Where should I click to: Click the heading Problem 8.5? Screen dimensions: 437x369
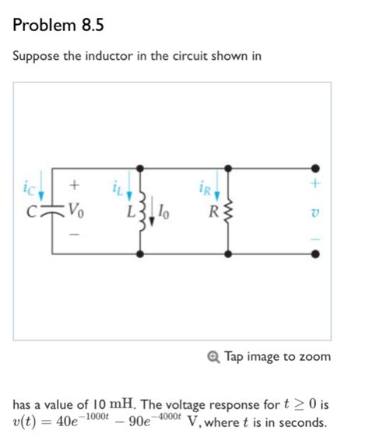coord(58,25)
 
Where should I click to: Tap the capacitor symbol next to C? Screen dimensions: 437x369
coord(54,210)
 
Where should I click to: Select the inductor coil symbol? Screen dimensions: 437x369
coord(141,209)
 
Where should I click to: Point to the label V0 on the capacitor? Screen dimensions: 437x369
coord(76,208)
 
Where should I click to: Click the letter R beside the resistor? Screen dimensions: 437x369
coord(209,209)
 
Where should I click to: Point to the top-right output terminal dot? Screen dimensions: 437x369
coord(315,167)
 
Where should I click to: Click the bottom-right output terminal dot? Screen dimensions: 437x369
coord(315,253)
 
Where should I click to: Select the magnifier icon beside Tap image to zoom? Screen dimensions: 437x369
coord(215,356)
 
